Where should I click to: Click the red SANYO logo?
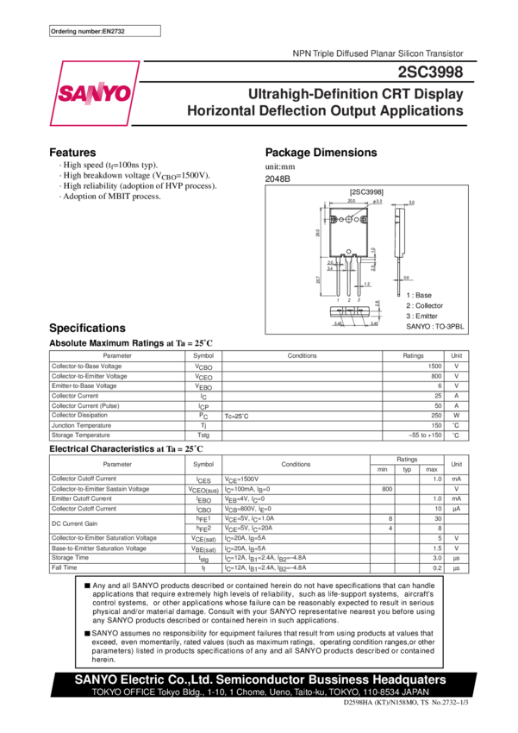[x=95, y=93]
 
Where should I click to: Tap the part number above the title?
[x=433, y=75]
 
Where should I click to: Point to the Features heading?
[x=72, y=153]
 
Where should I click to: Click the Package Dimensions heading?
[x=321, y=153]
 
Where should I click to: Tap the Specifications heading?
[x=87, y=329]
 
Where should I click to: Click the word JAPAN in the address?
[x=415, y=692]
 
